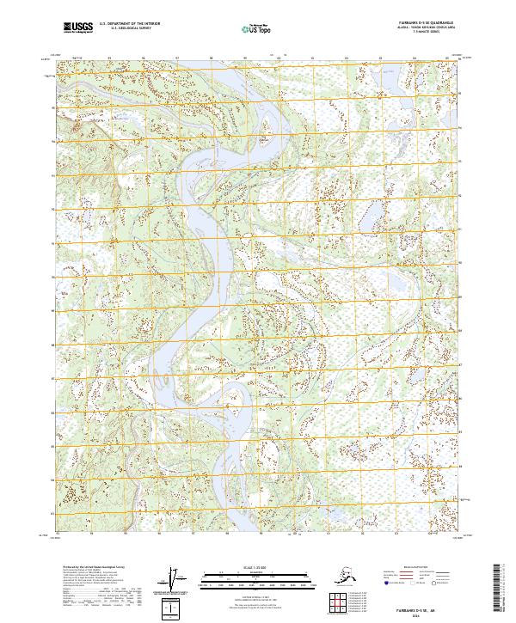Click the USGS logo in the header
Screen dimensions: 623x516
click(73, 28)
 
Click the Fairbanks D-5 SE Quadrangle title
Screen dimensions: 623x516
click(426, 21)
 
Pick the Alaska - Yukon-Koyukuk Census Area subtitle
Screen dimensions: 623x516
click(426, 27)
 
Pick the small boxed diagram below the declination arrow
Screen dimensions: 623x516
click(175, 609)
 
